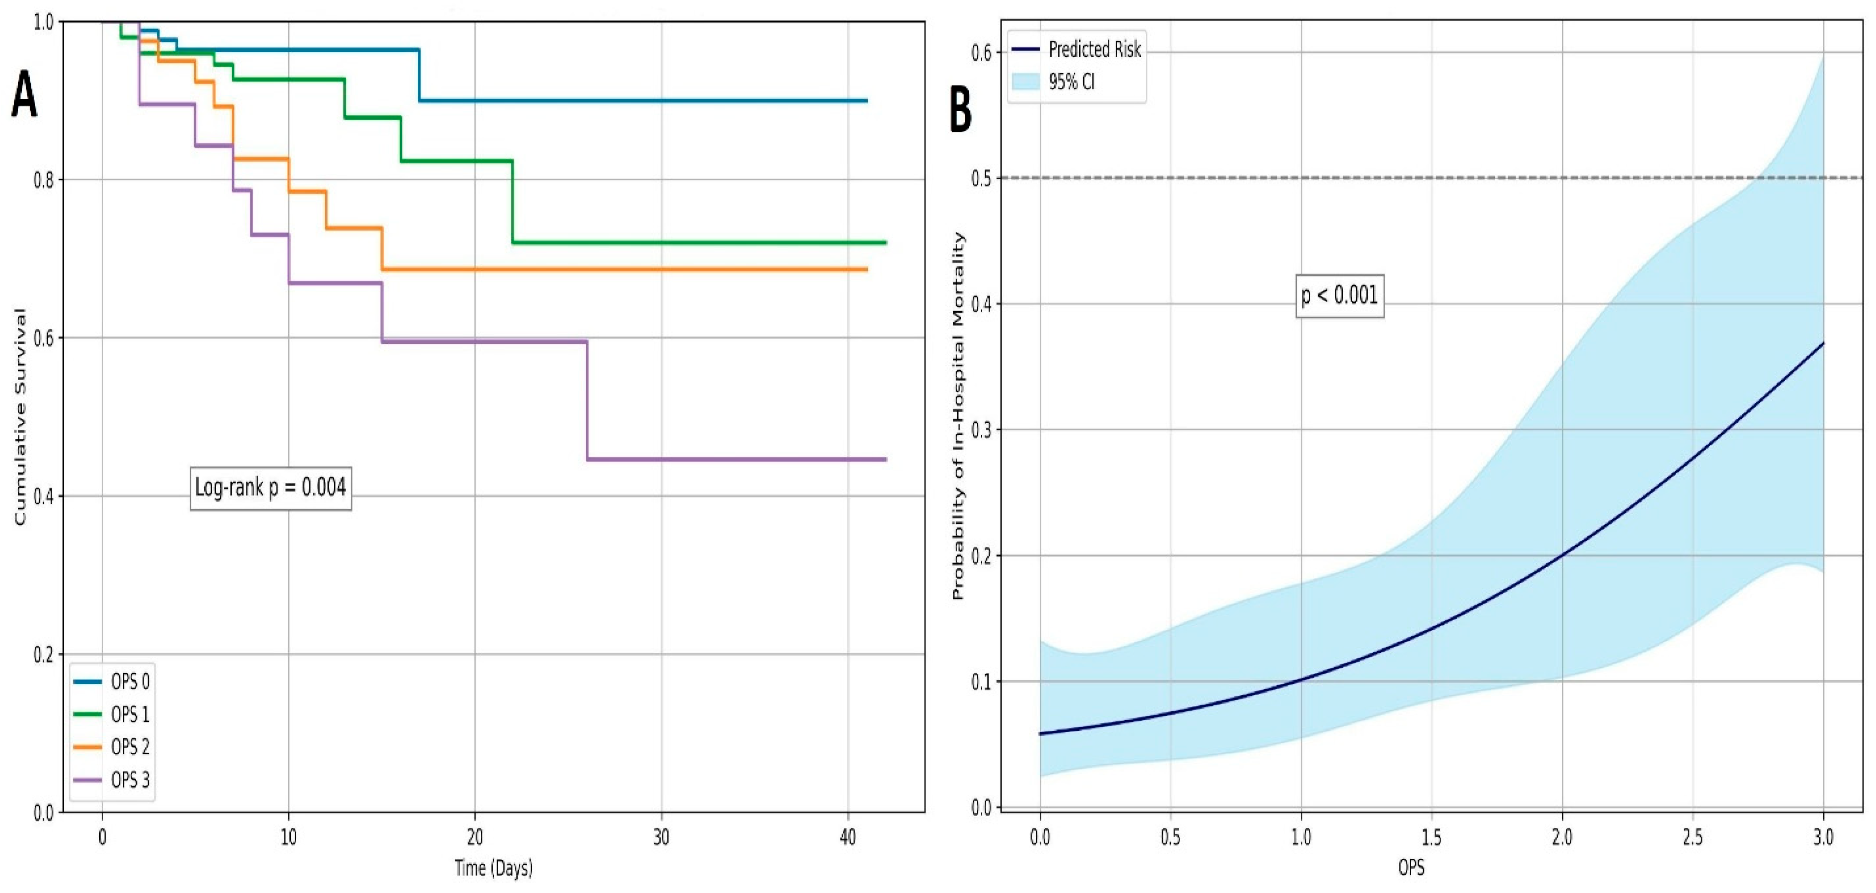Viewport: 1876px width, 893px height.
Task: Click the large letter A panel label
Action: [24, 95]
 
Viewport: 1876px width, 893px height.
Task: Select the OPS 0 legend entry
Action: [113, 682]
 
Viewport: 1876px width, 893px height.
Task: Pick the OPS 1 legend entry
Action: [113, 714]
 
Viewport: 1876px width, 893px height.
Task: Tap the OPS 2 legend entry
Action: [113, 747]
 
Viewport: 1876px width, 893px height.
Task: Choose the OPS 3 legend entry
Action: [113, 780]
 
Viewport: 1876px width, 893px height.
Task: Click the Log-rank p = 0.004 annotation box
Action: [270, 488]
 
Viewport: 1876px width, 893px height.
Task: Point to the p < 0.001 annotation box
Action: [1339, 296]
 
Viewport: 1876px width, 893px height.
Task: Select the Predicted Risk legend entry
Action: [1077, 50]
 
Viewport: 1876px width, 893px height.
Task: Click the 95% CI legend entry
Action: [1054, 82]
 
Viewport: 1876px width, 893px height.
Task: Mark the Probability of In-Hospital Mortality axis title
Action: [959, 416]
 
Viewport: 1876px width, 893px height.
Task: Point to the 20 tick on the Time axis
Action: [475, 838]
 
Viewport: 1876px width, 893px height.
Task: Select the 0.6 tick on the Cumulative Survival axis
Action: [44, 339]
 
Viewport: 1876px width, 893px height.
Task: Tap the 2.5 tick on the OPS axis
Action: [1693, 838]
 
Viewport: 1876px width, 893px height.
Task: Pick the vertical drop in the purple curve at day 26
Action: [587, 401]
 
